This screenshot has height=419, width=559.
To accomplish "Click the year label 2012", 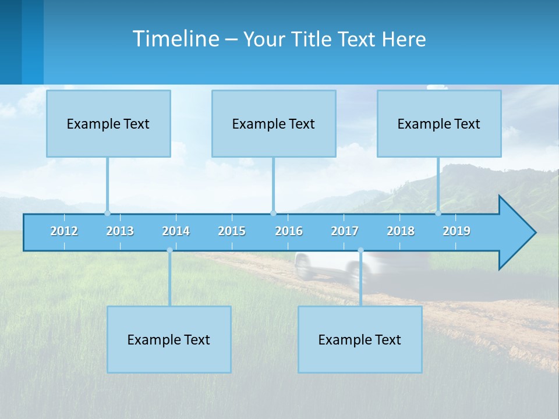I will click(x=64, y=231).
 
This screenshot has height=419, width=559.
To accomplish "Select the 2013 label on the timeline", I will click(x=120, y=231).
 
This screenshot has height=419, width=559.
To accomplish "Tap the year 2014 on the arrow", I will click(x=176, y=231).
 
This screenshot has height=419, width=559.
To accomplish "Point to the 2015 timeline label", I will click(x=232, y=231).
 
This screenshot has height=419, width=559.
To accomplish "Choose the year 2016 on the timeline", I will click(x=289, y=231).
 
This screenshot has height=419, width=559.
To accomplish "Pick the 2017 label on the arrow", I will click(x=345, y=231).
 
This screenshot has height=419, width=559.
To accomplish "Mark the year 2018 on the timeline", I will click(x=401, y=231).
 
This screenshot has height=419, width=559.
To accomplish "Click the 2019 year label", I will click(x=457, y=231).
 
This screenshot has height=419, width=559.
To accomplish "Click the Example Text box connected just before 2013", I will click(x=108, y=123).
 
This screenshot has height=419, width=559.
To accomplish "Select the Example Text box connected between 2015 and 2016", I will click(x=274, y=123).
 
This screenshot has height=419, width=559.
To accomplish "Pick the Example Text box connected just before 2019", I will click(x=439, y=123).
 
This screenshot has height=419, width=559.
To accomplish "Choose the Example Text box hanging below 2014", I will click(x=169, y=339).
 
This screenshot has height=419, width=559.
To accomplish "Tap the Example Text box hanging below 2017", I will click(x=360, y=339).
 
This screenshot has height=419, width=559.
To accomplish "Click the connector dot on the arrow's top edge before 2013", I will click(x=107, y=213).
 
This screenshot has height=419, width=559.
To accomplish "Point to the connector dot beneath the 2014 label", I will click(x=169, y=250).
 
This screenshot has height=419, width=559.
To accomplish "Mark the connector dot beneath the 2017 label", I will click(x=360, y=250).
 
